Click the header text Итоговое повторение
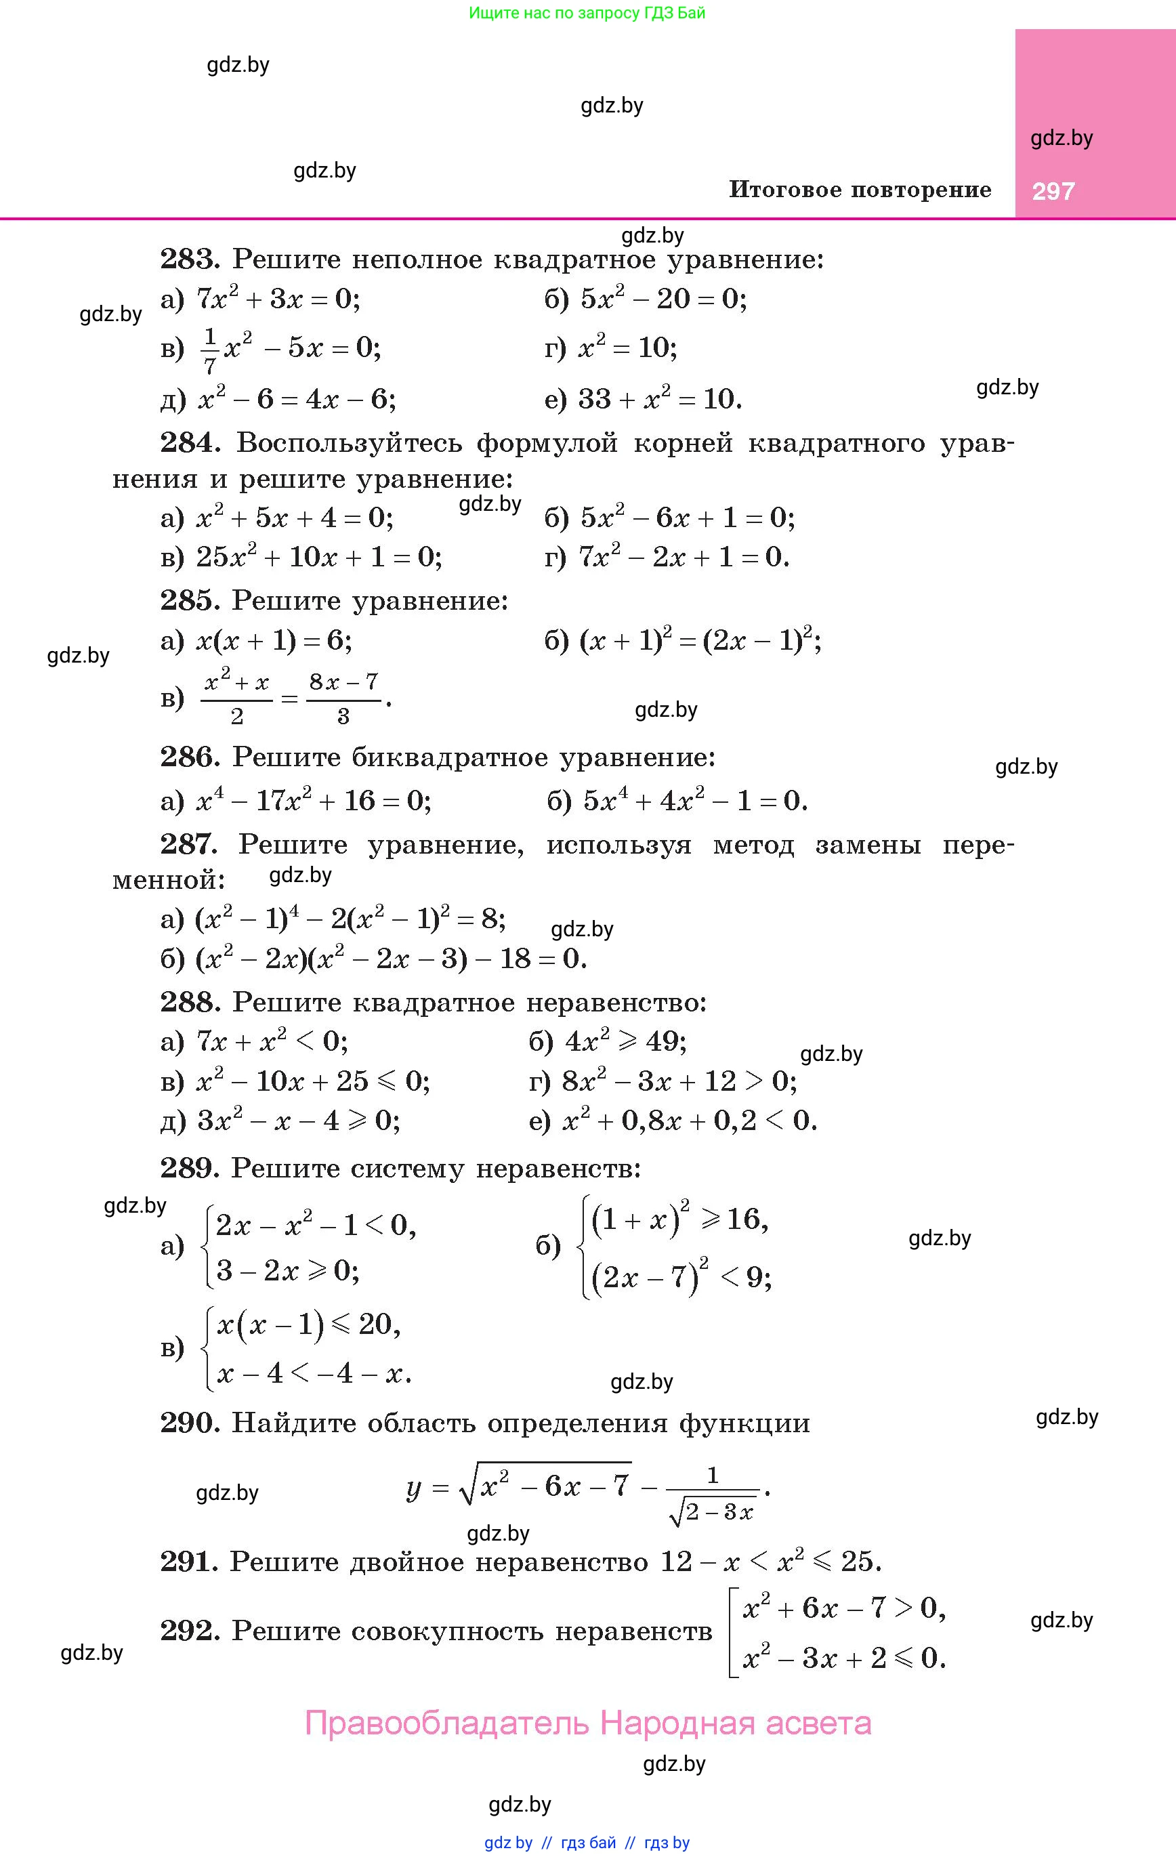860,190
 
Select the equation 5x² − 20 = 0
663,299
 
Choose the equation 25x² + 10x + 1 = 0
319,557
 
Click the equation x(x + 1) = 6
274,640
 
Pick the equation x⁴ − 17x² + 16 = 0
313,801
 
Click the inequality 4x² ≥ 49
625,1041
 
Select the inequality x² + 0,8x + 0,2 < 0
689,1120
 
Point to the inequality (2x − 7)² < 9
681,1278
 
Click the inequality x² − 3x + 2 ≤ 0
843,1658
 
